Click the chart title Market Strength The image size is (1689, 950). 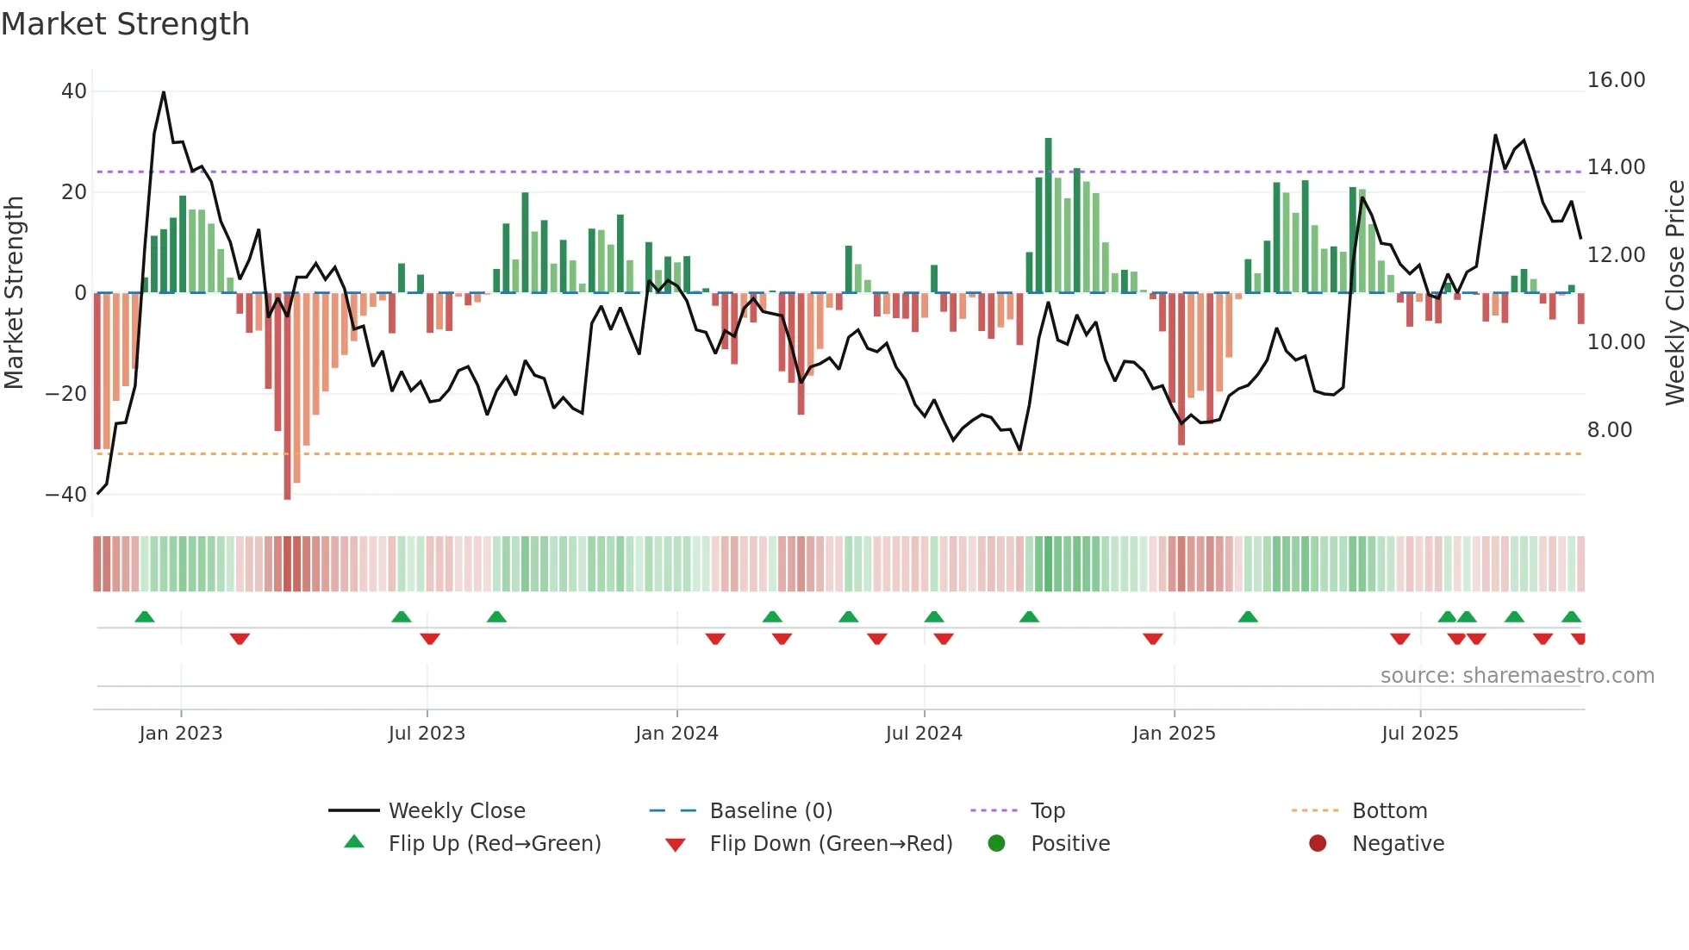pyautogui.click(x=125, y=24)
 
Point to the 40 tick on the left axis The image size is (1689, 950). pyautogui.click(x=74, y=91)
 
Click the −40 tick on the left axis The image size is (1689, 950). pyautogui.click(x=66, y=495)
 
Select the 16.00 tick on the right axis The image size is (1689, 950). pyautogui.click(x=1616, y=80)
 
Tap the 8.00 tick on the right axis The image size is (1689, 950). pyautogui.click(x=1609, y=430)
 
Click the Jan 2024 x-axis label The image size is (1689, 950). pyautogui.click(x=676, y=734)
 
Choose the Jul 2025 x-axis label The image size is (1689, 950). pyautogui.click(x=1419, y=734)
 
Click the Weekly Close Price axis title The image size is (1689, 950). pyautogui.click(x=1674, y=293)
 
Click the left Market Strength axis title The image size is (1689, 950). pyautogui.click(x=14, y=293)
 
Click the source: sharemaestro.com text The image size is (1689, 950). pyautogui.click(x=1517, y=676)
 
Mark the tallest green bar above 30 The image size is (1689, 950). pyautogui.click(x=1048, y=216)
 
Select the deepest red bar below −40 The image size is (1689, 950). pyautogui.click(x=287, y=397)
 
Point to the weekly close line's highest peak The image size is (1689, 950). pyautogui.click(x=164, y=92)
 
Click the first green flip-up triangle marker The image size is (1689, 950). pyautogui.click(x=145, y=616)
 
